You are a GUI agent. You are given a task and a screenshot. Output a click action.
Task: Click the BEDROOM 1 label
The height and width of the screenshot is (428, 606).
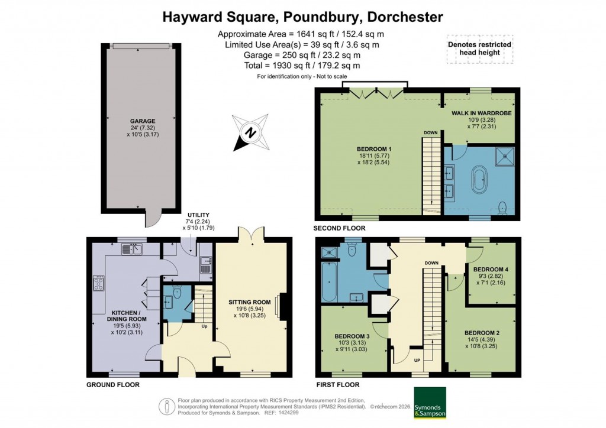point(374,148)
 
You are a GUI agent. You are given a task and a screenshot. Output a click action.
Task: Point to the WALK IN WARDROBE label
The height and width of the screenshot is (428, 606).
point(481,112)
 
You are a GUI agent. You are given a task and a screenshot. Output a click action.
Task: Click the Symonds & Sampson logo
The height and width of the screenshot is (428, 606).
point(430,402)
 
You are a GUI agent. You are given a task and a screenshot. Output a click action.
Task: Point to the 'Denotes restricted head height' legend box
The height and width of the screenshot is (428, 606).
point(479,49)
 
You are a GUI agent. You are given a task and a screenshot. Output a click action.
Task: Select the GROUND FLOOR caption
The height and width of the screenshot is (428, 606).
point(113,385)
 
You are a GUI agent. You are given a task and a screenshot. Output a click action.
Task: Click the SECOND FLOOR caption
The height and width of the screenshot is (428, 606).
point(340,228)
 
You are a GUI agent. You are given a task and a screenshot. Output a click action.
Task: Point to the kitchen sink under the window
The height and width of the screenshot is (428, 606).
point(131,249)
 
